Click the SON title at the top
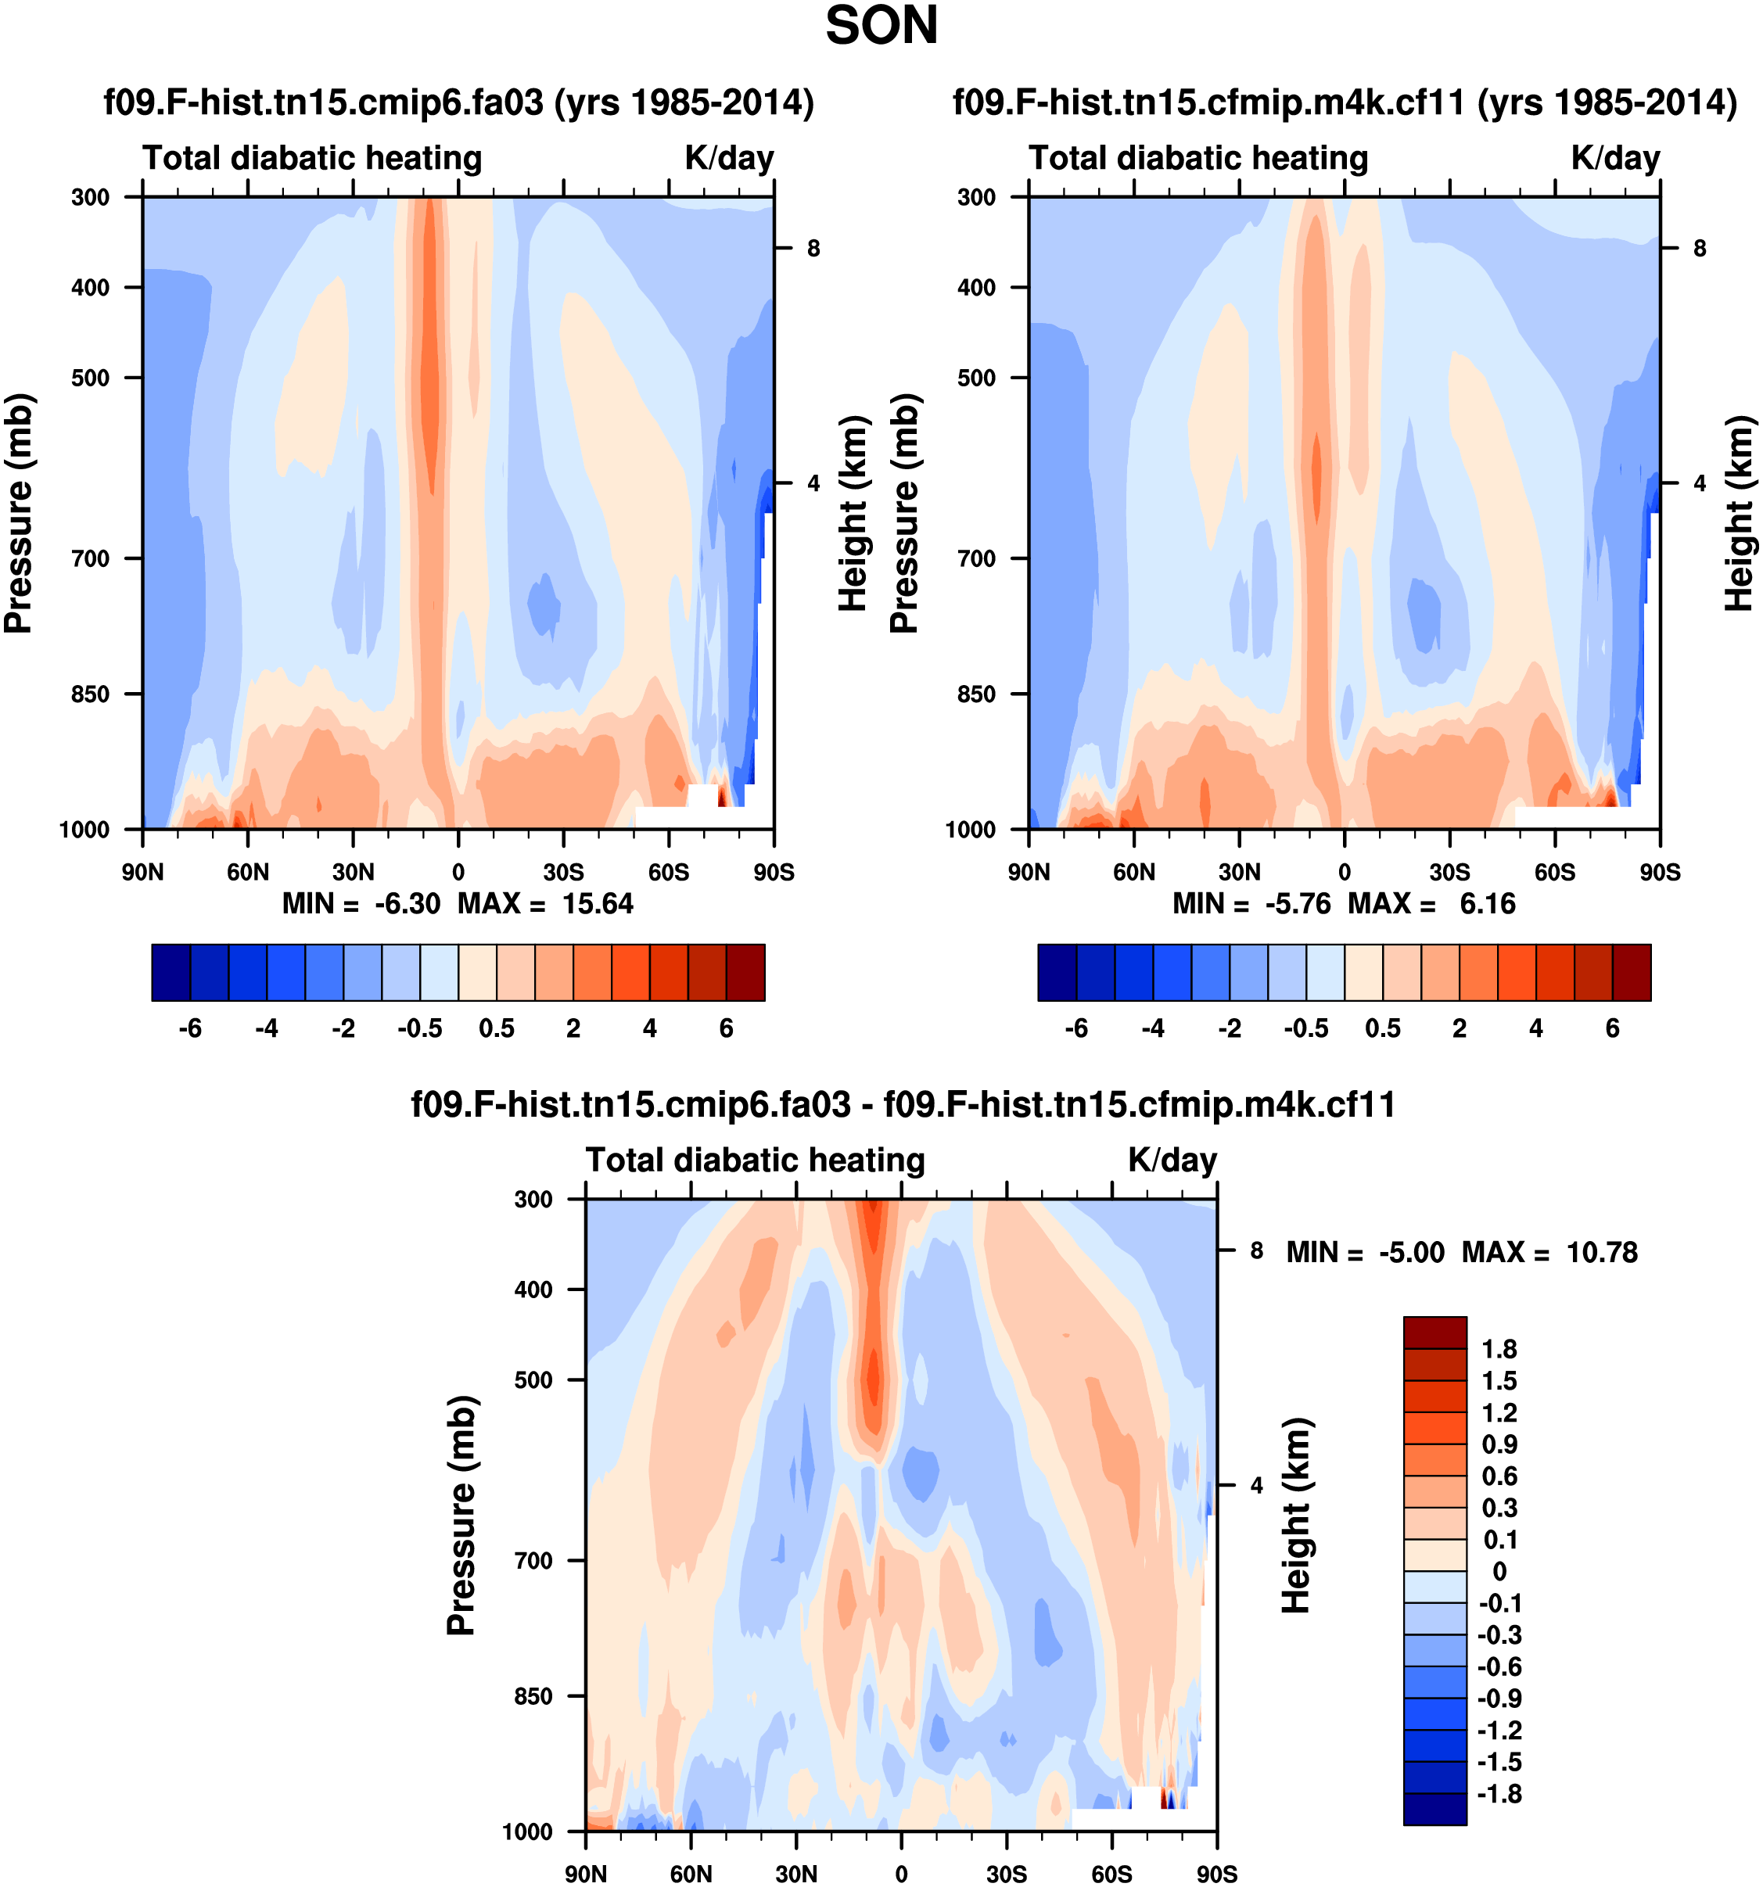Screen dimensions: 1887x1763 point(881,27)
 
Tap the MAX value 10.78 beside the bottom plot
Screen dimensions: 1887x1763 point(1602,1252)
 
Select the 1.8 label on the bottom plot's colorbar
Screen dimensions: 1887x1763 point(1499,1349)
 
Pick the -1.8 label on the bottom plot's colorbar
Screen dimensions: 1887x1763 point(1499,1793)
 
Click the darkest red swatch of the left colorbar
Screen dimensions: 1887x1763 point(745,972)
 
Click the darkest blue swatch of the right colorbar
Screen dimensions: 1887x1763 point(1057,972)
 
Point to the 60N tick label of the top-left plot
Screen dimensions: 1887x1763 point(247,871)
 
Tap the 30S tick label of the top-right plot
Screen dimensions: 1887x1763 point(1449,871)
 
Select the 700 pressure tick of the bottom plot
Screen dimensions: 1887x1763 point(533,1560)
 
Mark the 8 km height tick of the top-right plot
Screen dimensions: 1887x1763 point(1700,249)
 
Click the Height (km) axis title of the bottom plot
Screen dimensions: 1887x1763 point(1296,1516)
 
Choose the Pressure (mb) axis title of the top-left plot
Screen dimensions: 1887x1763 point(19,512)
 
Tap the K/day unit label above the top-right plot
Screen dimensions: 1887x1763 point(1615,157)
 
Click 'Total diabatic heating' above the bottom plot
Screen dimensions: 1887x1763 point(755,1160)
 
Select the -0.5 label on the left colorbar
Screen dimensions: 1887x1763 point(419,1028)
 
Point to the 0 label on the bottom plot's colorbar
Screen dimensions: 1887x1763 point(1499,1571)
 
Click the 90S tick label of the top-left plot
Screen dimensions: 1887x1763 point(773,871)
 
